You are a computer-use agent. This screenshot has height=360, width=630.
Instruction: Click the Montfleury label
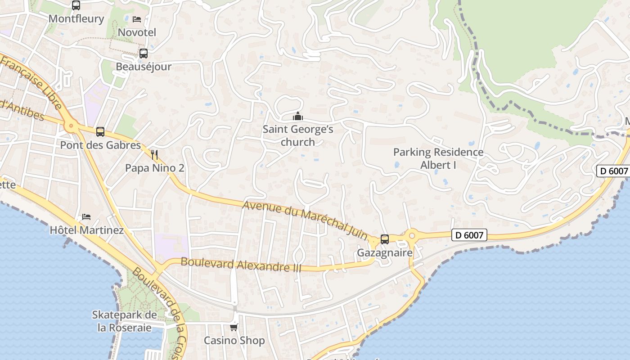[76, 19]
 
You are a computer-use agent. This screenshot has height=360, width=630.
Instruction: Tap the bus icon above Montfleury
[76, 5]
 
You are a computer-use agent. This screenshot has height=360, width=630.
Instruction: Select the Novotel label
[137, 32]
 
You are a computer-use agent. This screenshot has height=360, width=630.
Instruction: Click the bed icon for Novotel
[137, 19]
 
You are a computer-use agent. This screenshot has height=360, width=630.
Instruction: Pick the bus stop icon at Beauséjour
[144, 53]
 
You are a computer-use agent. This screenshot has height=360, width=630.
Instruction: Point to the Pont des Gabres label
[100, 145]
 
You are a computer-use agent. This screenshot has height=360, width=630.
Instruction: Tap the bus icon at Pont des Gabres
[100, 132]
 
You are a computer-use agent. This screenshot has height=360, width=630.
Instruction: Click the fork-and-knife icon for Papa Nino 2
[154, 155]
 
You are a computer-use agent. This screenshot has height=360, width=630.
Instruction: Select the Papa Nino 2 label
[154, 168]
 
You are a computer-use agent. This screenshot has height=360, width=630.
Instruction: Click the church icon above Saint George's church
[298, 117]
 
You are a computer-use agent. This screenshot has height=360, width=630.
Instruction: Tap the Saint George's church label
[298, 135]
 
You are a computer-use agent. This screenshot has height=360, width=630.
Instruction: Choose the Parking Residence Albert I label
[438, 158]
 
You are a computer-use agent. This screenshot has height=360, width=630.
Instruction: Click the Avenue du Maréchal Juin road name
[305, 219]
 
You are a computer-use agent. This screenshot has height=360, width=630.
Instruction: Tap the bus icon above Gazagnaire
[385, 239]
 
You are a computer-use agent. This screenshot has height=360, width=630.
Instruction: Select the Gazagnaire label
[385, 253]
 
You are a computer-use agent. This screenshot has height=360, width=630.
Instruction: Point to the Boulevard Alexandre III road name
[241, 264]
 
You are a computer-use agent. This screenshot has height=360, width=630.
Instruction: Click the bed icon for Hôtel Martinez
[86, 217]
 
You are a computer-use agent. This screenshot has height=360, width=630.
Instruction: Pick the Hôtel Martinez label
[86, 230]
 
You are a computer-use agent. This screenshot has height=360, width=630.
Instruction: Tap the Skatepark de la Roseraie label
[124, 321]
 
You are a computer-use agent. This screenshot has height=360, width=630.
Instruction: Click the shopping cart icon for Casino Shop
[234, 327]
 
